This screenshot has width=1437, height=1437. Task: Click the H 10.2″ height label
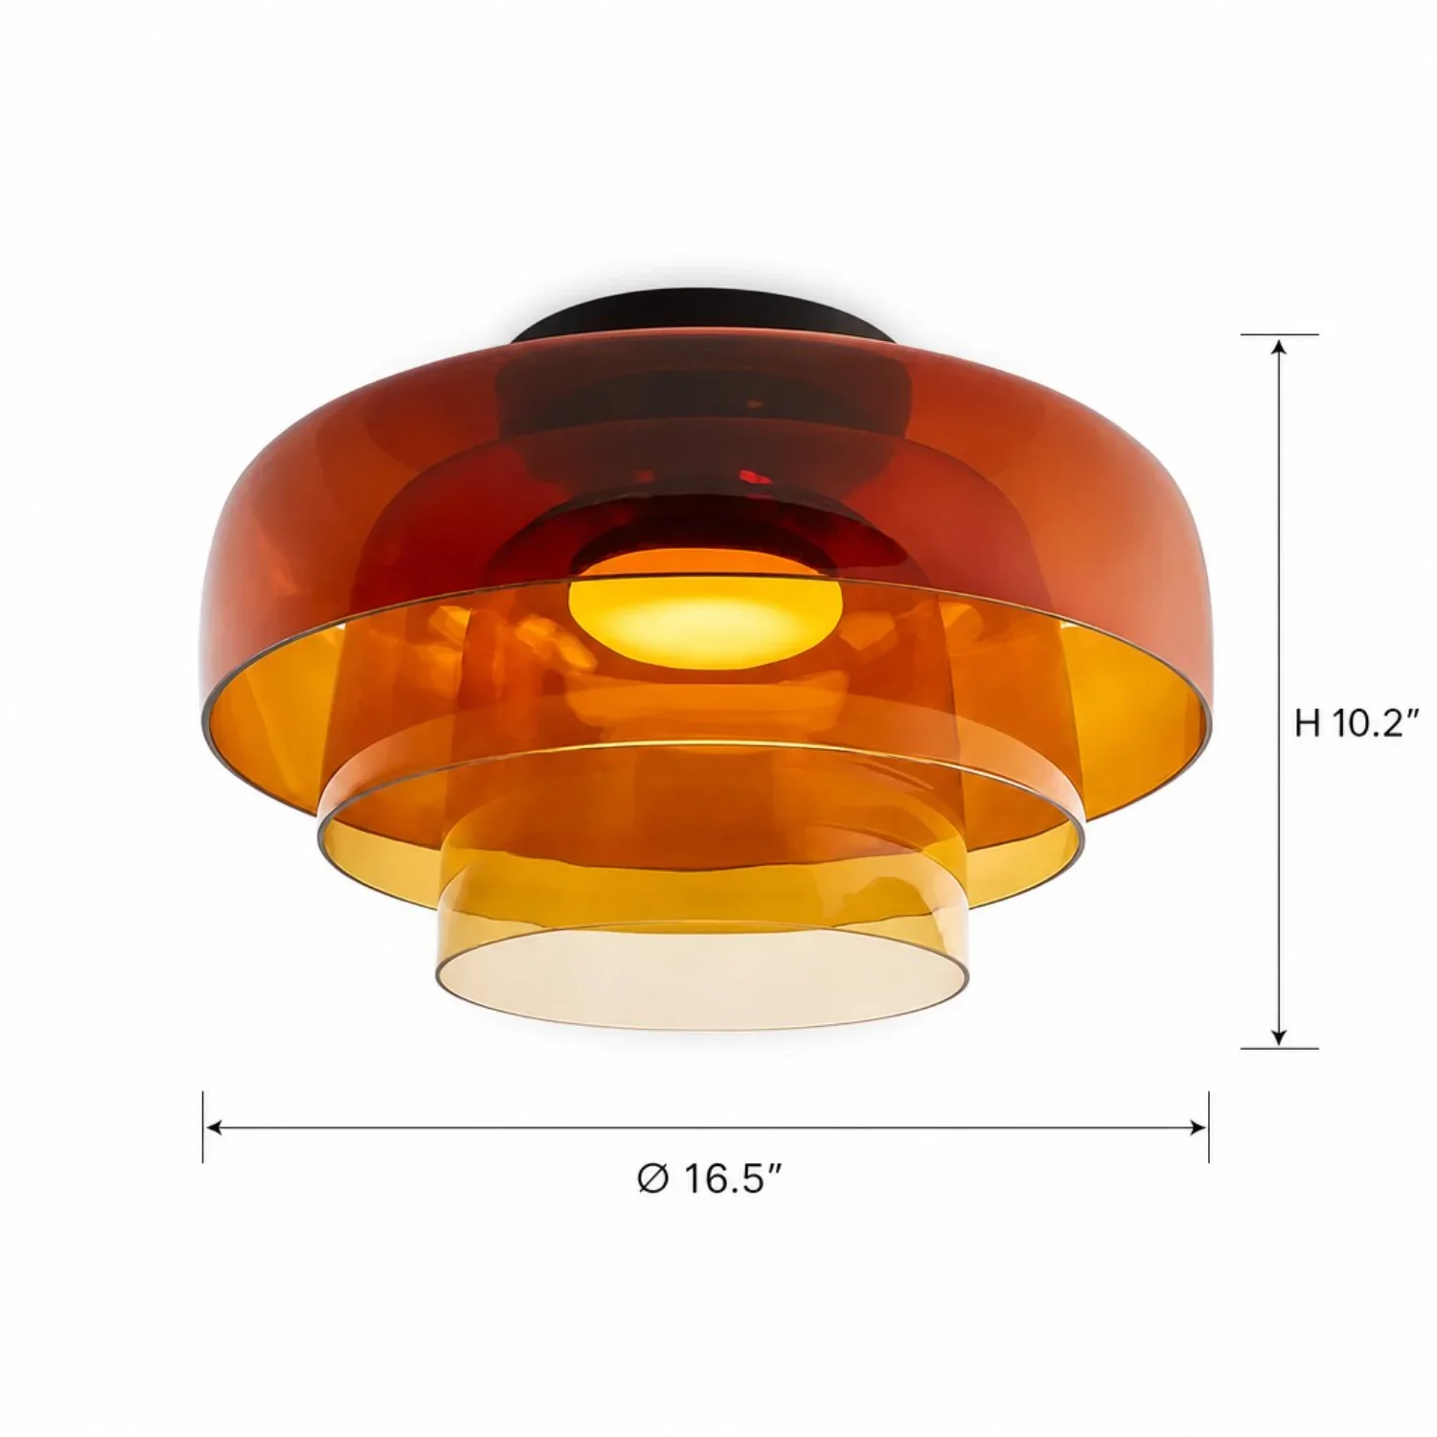point(1356,723)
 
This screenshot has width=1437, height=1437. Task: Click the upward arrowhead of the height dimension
point(1278,347)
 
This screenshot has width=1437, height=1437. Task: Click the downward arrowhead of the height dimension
point(1278,1036)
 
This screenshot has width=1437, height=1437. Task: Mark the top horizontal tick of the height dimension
point(1279,335)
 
